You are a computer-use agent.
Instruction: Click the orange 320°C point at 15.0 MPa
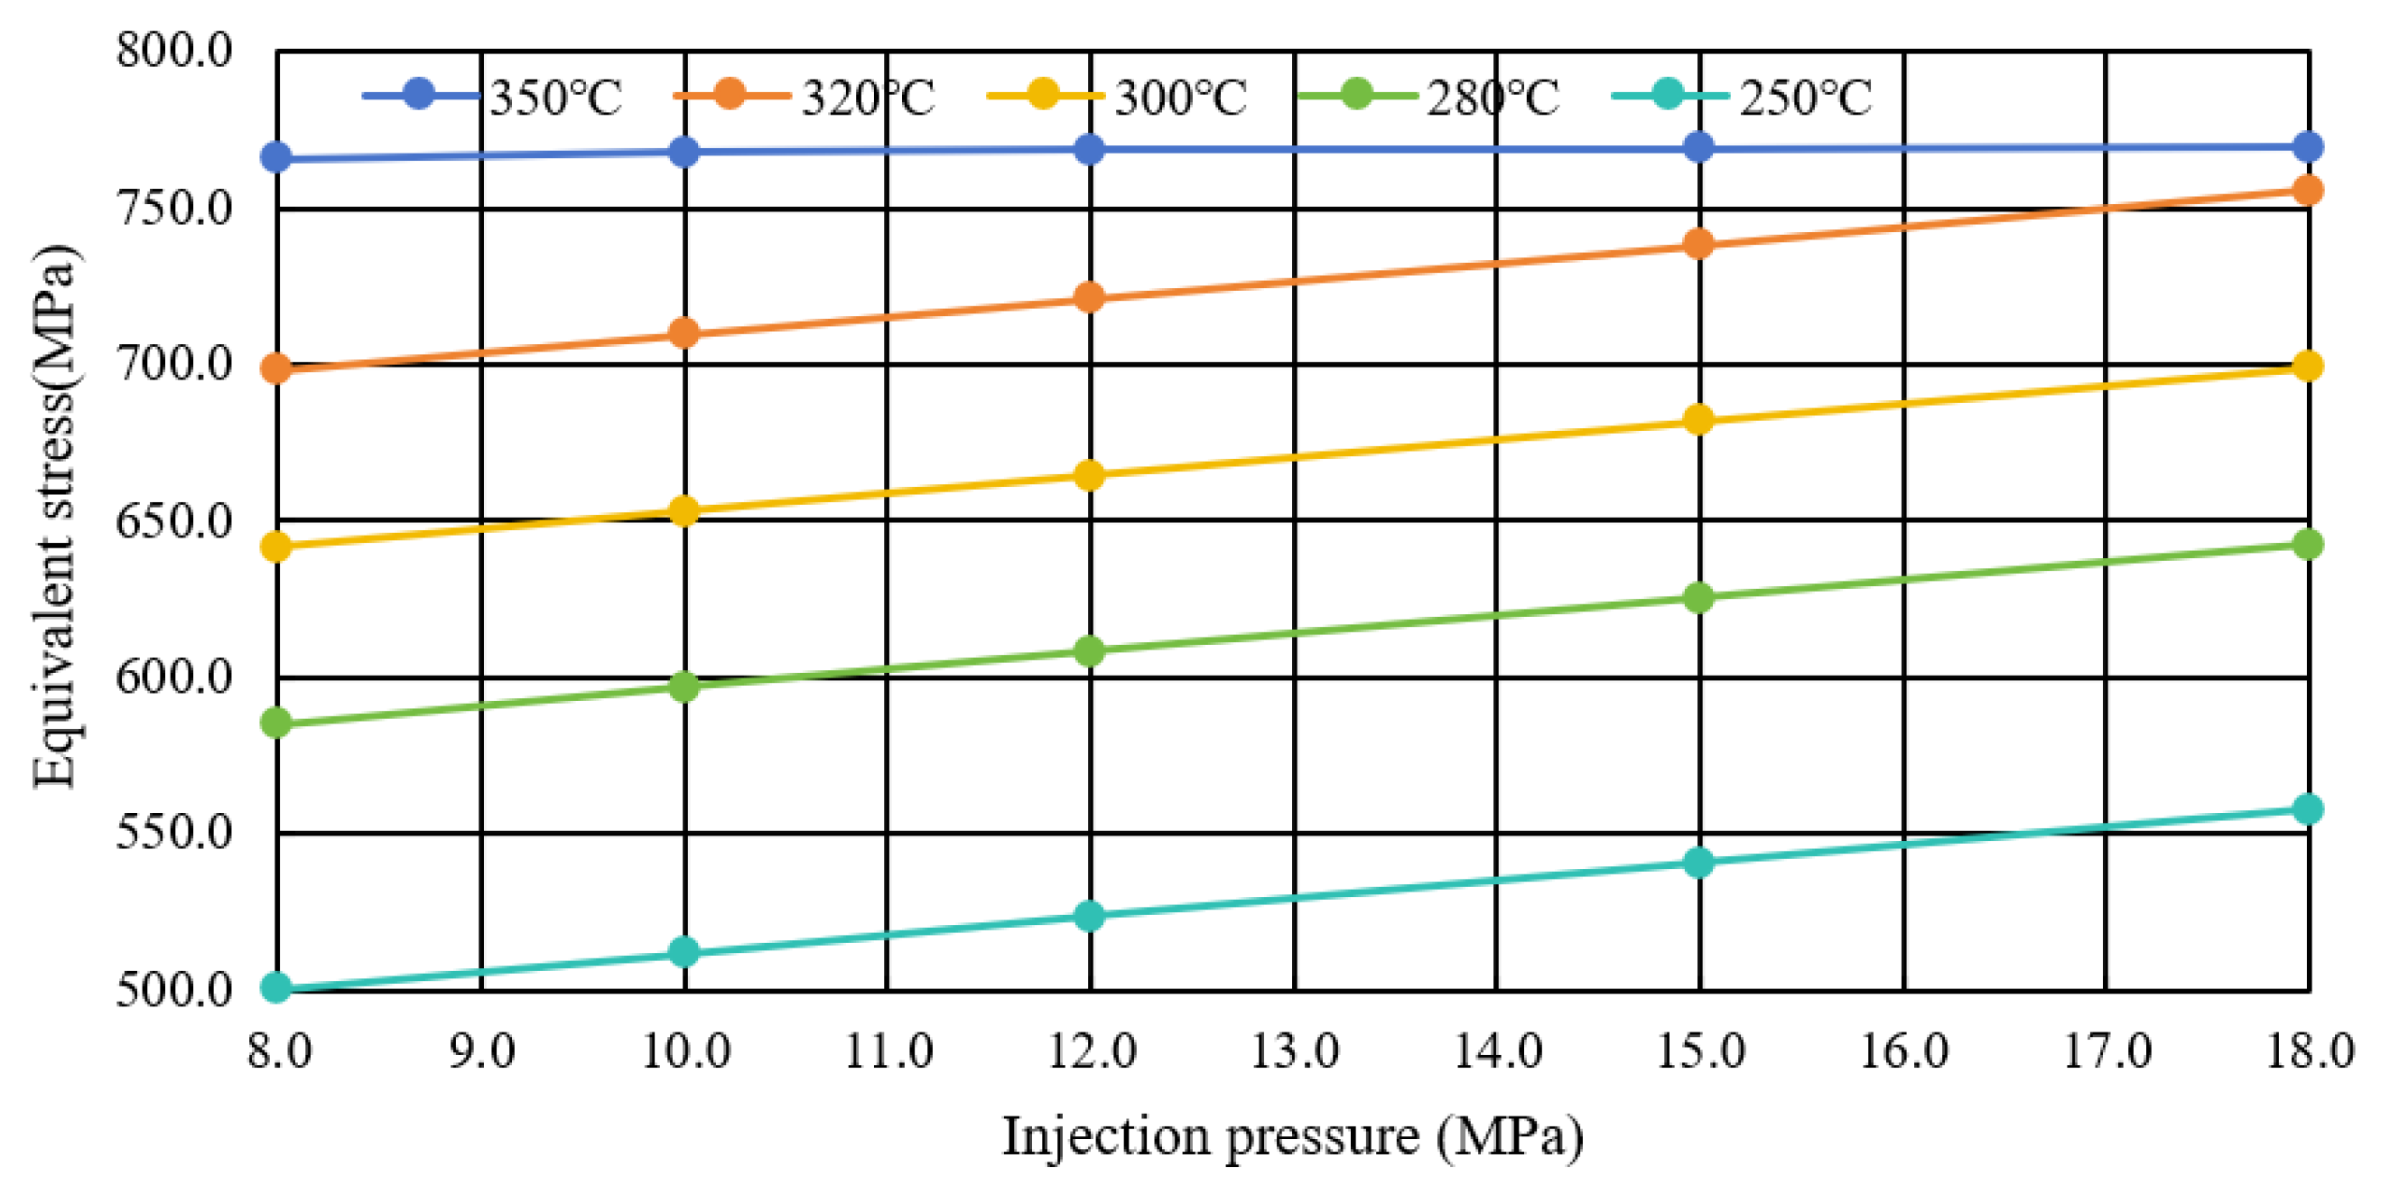coord(1699,244)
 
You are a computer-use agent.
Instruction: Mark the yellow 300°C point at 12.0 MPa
coord(1090,475)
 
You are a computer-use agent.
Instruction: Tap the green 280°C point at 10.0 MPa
coord(684,686)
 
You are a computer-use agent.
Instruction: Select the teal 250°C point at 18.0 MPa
coord(2308,809)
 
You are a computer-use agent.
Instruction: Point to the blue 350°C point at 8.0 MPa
coord(276,157)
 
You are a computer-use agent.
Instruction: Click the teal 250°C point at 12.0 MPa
coord(1090,916)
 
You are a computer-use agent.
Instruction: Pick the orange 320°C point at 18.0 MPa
coord(2308,191)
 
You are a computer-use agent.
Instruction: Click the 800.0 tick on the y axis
coord(173,50)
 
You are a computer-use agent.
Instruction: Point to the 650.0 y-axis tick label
coord(173,521)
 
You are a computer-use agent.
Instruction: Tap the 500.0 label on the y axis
coord(173,990)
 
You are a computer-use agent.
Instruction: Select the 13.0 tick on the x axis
coord(1294,1052)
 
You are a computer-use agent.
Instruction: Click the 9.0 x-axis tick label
coord(481,1052)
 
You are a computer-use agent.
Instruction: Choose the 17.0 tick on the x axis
coord(2107,1052)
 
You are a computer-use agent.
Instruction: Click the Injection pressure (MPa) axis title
coord(1292,1136)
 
